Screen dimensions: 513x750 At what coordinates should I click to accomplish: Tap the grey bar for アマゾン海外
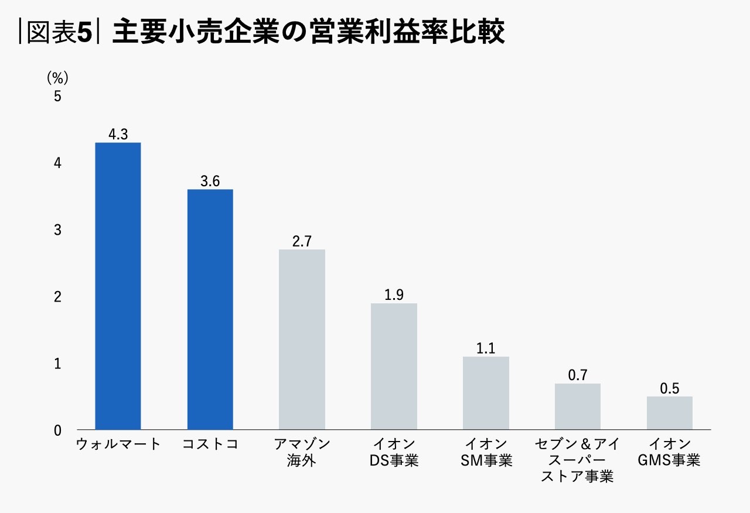(x=302, y=340)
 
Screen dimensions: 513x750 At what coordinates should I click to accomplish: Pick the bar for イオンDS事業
(x=394, y=367)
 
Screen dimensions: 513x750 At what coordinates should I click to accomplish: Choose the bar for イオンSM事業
(x=486, y=393)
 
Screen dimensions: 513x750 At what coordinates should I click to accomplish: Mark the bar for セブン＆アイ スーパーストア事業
(x=578, y=406)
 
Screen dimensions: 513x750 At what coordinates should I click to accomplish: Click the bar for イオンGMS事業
(x=670, y=413)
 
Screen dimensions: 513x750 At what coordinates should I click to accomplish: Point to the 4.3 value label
(x=118, y=134)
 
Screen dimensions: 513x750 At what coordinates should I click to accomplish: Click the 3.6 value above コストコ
(x=210, y=181)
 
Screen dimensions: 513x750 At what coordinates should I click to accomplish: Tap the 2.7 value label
(x=302, y=241)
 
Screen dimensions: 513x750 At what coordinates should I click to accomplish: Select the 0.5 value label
(x=670, y=388)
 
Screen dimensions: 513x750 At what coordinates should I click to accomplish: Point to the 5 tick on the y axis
(x=57, y=96)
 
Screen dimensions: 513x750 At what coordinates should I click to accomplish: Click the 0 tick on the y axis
(x=57, y=430)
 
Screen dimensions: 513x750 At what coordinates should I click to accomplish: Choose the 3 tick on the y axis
(x=57, y=230)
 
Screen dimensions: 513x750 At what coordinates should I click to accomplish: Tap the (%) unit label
(x=57, y=77)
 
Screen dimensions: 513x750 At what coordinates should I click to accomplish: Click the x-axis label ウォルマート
(x=118, y=444)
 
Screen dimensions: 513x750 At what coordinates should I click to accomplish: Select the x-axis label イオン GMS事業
(x=670, y=452)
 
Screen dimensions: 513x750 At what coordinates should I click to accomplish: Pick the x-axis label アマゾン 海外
(x=302, y=452)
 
